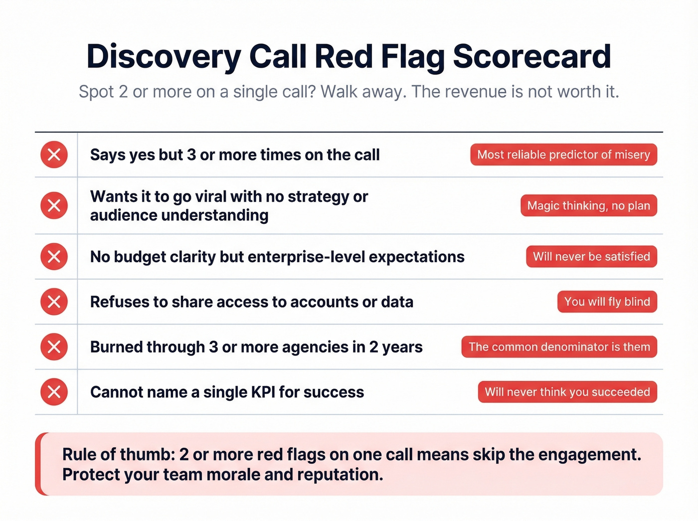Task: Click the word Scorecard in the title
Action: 531,56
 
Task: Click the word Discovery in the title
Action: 164,57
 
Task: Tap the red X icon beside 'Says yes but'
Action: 54,155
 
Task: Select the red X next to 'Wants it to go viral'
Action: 54,205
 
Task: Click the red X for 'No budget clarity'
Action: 54,257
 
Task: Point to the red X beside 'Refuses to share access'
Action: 54,302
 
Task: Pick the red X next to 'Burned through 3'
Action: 54,347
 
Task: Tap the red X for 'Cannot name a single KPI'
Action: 54,392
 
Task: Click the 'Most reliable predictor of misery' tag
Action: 563,155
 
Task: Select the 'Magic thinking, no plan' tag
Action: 588,205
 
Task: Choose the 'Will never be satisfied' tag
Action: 591,257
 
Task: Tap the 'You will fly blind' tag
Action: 607,302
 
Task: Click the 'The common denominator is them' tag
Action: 559,347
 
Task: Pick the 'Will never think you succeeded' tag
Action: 567,392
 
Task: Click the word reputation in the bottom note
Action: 340,475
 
